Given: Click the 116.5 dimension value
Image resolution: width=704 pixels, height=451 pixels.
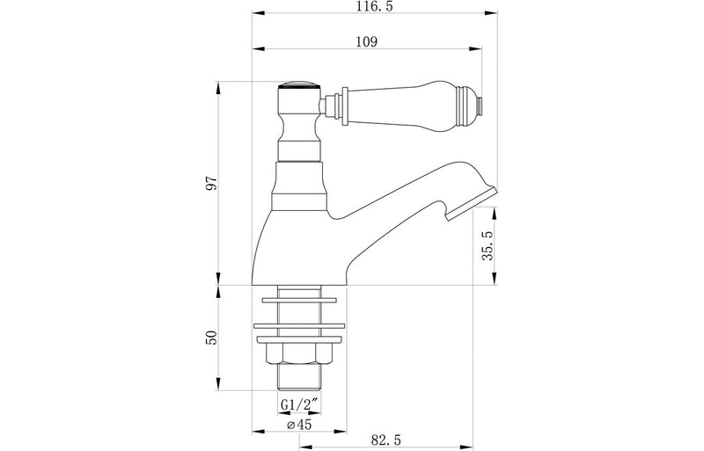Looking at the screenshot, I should pos(369,6).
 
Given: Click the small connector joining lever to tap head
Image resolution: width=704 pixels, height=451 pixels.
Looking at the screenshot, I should pos(331,106).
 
